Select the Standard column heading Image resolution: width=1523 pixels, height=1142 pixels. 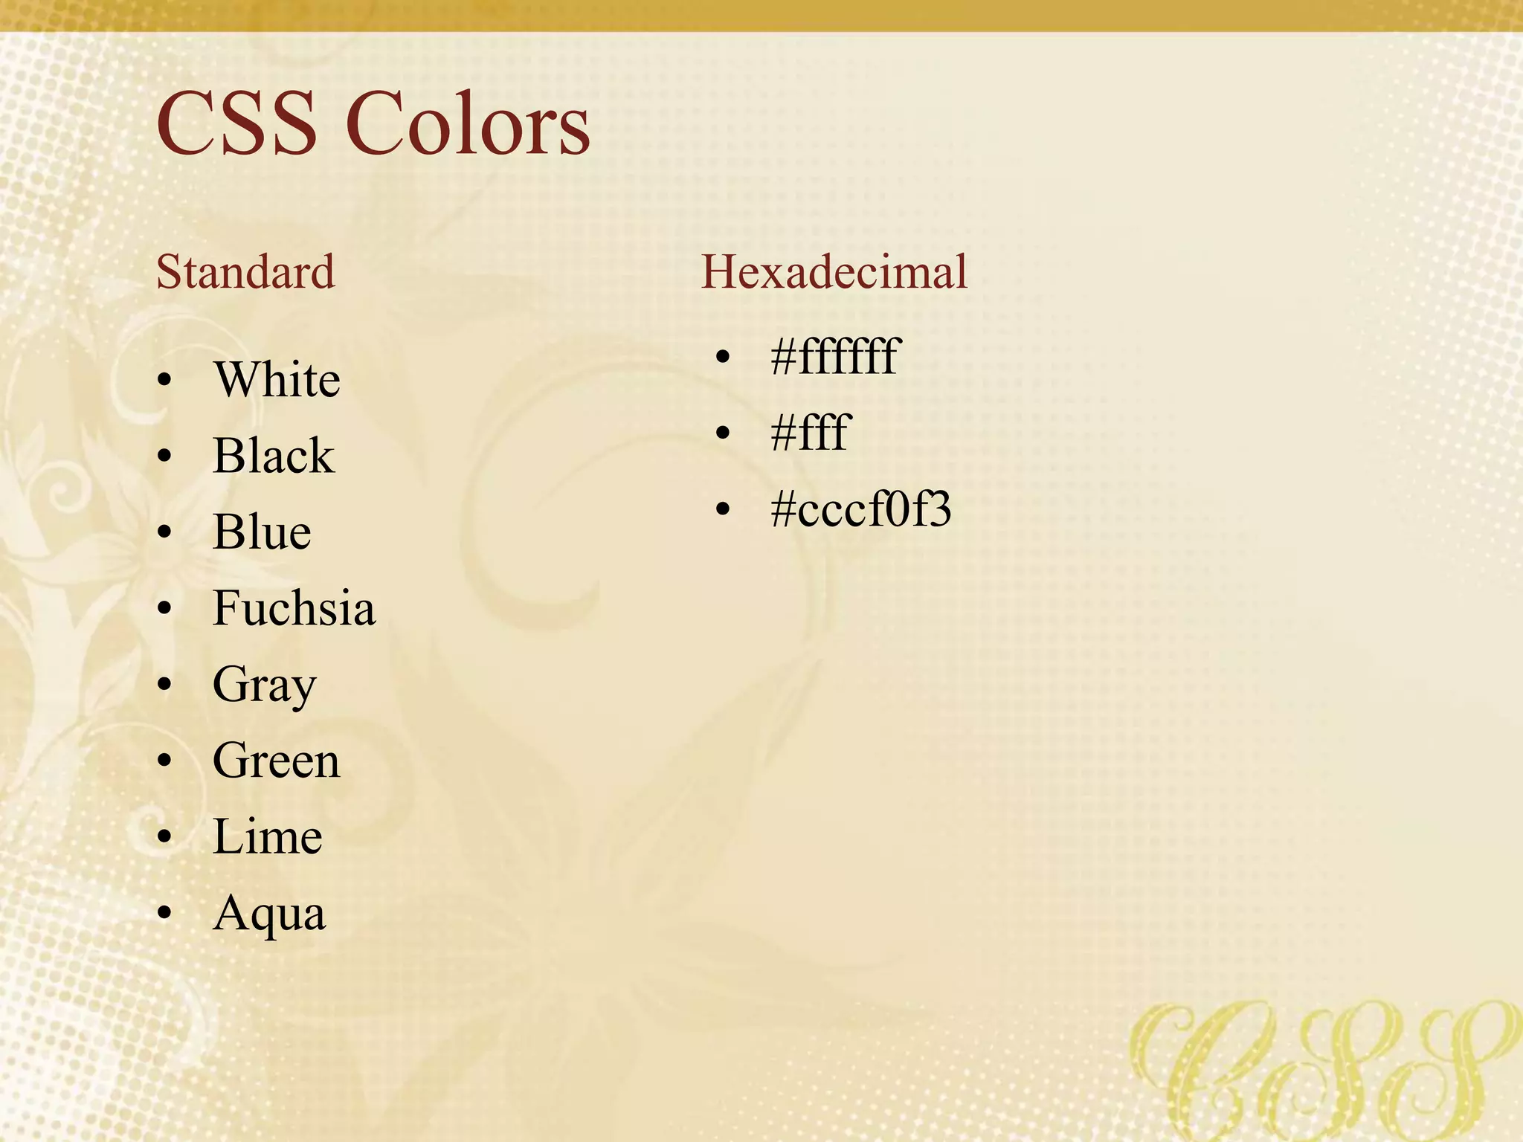(245, 271)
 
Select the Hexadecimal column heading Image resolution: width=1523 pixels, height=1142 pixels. (834, 271)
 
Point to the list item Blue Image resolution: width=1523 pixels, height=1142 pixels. (262, 532)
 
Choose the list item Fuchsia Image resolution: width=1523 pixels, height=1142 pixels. (294, 608)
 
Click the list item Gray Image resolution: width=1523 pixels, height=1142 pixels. (264, 685)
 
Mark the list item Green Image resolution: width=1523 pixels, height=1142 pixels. (276, 761)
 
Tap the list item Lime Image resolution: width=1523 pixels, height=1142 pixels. (267, 837)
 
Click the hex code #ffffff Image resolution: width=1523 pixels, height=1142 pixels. (835, 356)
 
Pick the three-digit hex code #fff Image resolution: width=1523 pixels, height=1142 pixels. (809, 433)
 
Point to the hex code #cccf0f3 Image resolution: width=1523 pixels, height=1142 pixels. (860, 510)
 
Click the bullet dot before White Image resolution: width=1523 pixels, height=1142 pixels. (165, 381)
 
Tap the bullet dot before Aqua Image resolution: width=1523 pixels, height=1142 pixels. (165, 913)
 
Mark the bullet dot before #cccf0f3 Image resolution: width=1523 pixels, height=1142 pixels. (723, 509)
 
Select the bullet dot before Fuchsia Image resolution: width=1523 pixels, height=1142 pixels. (165, 609)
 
